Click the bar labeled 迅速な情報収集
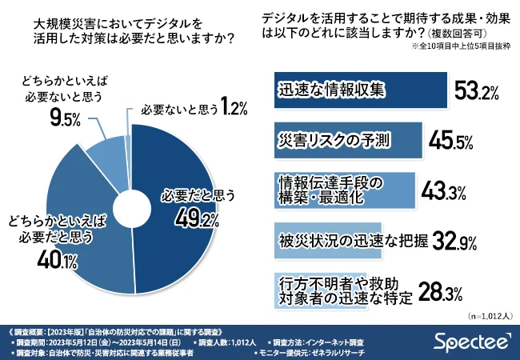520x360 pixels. pos(356,90)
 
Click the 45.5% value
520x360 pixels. pos(455,142)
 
